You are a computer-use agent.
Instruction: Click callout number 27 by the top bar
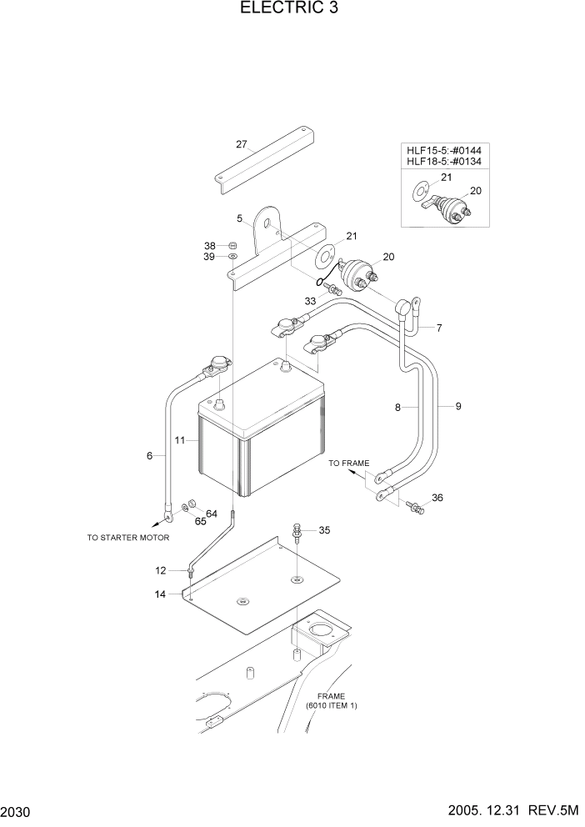(x=242, y=144)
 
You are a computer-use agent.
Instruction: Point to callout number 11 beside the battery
(x=179, y=439)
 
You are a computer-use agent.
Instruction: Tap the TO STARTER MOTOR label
(x=128, y=538)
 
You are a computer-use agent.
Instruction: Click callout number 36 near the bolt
(x=437, y=499)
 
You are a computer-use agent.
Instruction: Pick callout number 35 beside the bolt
(x=324, y=529)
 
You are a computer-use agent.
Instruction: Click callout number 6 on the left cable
(x=150, y=456)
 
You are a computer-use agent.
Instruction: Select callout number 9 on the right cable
(x=457, y=406)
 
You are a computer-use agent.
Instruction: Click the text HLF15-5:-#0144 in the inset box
(x=445, y=150)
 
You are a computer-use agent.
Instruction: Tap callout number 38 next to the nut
(x=210, y=246)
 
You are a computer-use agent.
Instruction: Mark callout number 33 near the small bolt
(x=310, y=300)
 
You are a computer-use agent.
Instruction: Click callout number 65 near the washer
(x=200, y=521)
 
